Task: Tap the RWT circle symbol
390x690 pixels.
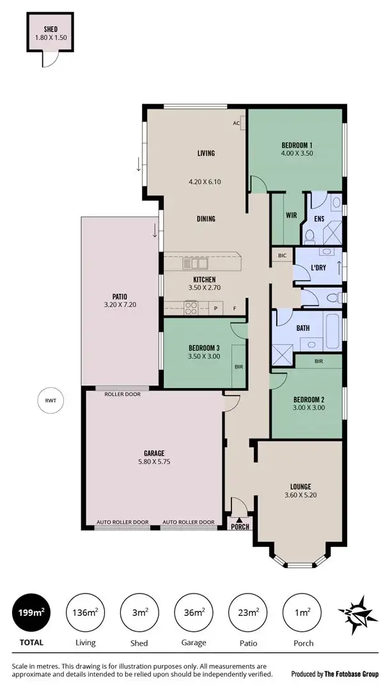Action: pos(51,401)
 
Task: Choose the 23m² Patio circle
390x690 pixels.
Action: pos(248,613)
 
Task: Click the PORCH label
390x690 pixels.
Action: pos(240,527)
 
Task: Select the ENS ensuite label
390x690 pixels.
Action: pos(319,218)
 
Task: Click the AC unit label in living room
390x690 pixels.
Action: pos(236,123)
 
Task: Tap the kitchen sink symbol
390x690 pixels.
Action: pos(195,263)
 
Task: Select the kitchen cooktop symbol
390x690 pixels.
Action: pos(191,308)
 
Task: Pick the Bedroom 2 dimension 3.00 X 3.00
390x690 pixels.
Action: pos(309,407)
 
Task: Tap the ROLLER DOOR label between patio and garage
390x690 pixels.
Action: pos(123,394)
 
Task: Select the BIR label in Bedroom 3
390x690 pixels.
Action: pos(238,367)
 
